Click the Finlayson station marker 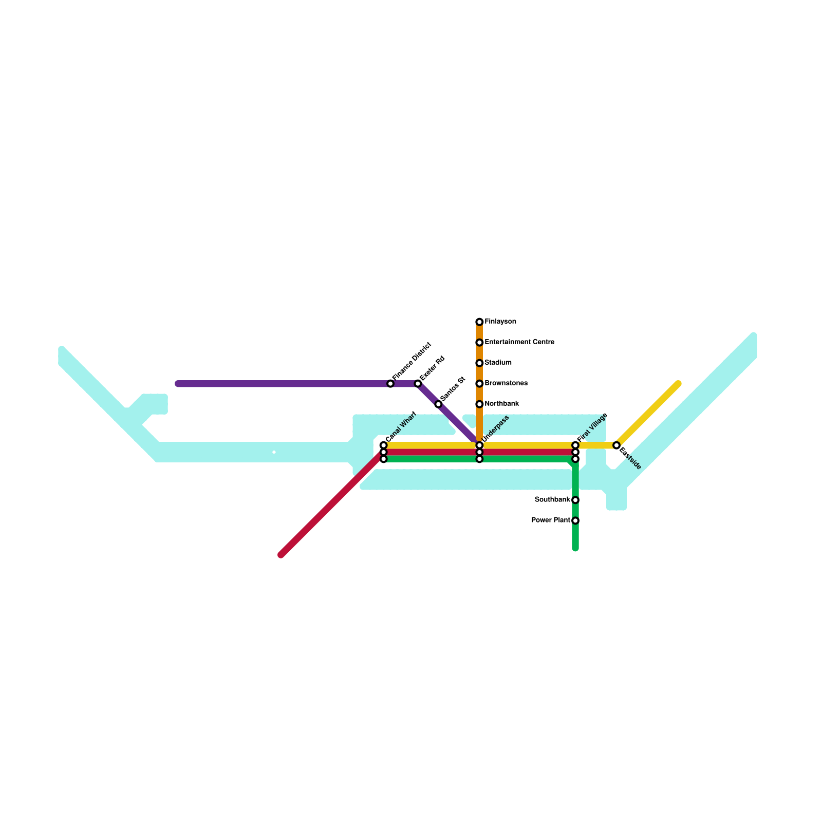coord(479,322)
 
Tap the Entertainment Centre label coord(519,342)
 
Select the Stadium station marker coord(479,363)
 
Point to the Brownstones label coord(506,383)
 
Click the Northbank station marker coord(479,404)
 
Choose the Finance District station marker coord(390,384)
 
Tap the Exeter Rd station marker coord(418,384)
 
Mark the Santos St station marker coord(438,404)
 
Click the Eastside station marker coord(616,445)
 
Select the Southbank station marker coord(575,500)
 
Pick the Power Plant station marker coord(575,520)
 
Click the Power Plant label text coord(551,520)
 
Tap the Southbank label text coord(552,500)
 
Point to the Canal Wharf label coord(401,427)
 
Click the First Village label coord(592,427)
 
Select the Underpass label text coord(496,428)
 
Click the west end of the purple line coord(178,384)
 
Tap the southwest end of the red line coord(281,555)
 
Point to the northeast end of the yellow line coord(678,384)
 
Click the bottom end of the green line coord(575,549)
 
